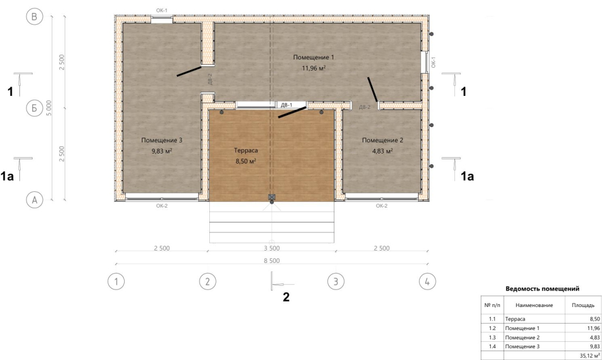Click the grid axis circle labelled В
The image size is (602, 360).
coord(34,16)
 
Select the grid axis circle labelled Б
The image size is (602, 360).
coord(34,108)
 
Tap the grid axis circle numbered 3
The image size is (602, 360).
coord(336,282)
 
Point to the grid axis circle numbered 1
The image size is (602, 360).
coord(116,282)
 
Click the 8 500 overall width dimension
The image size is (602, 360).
coord(272,261)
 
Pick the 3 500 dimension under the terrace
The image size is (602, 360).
coord(272,248)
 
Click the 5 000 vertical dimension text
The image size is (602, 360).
coord(49,108)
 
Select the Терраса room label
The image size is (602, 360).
coord(246,151)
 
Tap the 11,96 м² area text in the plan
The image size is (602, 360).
coord(314,68)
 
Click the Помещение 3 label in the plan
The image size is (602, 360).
coord(162,140)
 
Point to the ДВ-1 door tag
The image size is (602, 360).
coord(286,105)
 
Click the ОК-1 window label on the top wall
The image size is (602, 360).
coord(162,11)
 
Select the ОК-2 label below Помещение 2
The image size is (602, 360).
coord(382,206)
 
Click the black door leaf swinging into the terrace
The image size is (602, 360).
coord(292,112)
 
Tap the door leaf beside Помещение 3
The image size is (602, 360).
coord(189,71)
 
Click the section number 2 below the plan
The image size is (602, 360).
coord(286,297)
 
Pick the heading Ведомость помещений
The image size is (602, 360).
coord(542,289)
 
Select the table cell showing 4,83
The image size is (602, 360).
coord(595,337)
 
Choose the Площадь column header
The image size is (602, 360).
coord(583,305)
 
